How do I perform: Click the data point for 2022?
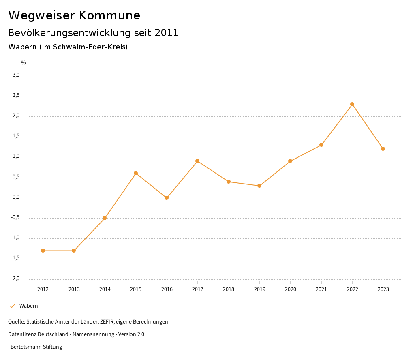click(x=352, y=104)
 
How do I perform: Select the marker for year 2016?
click(x=167, y=198)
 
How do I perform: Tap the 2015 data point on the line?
click(x=136, y=173)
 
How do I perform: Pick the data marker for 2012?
click(x=43, y=251)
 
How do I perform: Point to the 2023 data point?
click(x=383, y=149)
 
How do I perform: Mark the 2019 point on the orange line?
click(x=259, y=186)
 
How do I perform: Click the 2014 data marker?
click(x=105, y=218)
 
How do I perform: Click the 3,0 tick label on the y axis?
click(x=16, y=75)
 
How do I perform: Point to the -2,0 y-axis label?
click(x=15, y=279)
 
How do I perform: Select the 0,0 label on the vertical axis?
click(x=16, y=197)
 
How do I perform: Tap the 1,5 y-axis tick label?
click(x=16, y=136)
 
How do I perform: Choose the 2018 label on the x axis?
click(x=229, y=289)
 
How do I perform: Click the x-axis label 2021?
click(x=321, y=289)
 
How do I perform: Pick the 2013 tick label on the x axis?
click(x=74, y=289)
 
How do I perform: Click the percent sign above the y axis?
click(x=24, y=63)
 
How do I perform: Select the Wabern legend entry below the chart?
click(x=28, y=306)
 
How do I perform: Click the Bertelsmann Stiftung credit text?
click(x=36, y=347)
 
